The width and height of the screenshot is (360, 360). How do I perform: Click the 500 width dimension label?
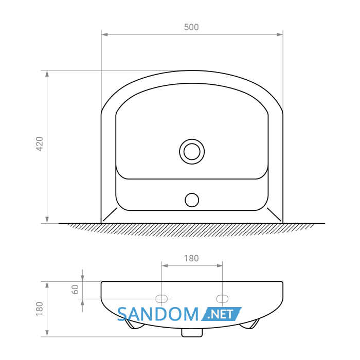point(191,27)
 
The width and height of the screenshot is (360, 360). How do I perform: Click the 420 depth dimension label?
point(40,144)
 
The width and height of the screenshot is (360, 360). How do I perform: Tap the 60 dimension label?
point(75,289)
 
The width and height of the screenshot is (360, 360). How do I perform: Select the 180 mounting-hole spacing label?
point(191,258)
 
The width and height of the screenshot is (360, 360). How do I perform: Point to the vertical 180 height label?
point(40,309)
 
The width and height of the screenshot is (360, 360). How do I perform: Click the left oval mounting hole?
point(161,299)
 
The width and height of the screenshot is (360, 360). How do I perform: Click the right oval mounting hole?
point(222,299)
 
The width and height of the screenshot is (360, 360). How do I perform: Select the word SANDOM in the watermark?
point(158,314)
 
